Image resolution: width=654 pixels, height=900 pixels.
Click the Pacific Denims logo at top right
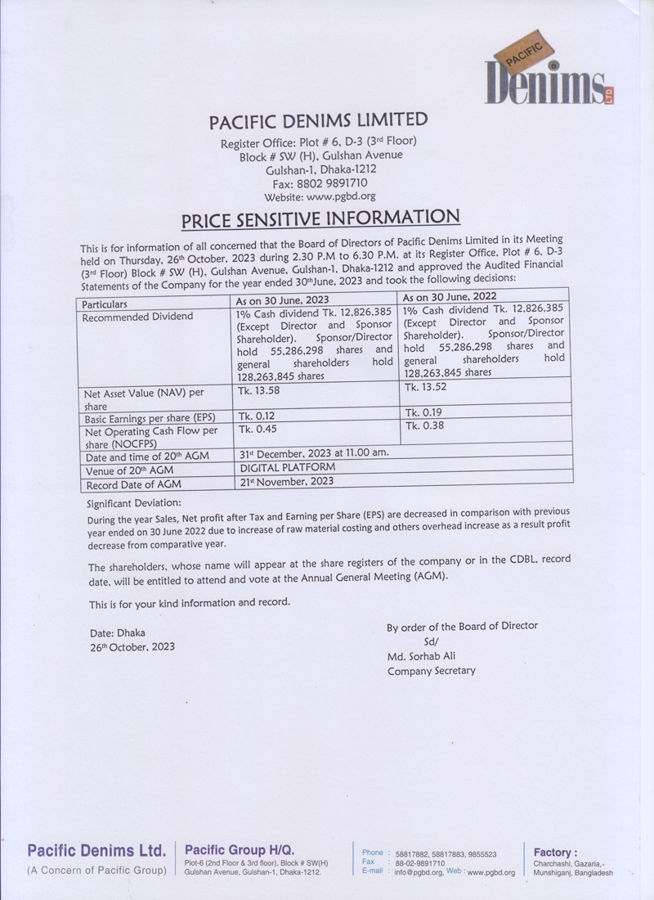pyautogui.click(x=547, y=76)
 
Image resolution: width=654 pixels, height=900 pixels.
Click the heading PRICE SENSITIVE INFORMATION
pyautogui.click(x=320, y=218)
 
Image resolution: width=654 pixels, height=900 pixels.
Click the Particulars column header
pyautogui.click(x=105, y=304)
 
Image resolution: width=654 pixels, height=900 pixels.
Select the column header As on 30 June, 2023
pyautogui.click(x=282, y=300)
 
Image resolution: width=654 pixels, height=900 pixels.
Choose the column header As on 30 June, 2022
pyautogui.click(x=449, y=297)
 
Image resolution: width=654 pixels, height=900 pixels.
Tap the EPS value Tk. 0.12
pyautogui.click(x=256, y=416)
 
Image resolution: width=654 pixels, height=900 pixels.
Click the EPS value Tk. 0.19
pyautogui.click(x=423, y=412)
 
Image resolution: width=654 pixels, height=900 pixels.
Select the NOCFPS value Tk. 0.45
pyautogui.click(x=256, y=428)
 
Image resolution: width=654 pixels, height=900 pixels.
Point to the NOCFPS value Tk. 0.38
pyautogui.click(x=423, y=425)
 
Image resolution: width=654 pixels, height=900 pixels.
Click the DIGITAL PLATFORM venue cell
pyautogui.click(x=288, y=467)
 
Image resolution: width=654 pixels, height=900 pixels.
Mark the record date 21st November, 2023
pyautogui.click(x=286, y=481)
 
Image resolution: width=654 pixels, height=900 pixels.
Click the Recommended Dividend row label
pyautogui.click(x=139, y=317)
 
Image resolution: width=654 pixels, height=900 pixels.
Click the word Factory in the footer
pyautogui.click(x=555, y=853)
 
